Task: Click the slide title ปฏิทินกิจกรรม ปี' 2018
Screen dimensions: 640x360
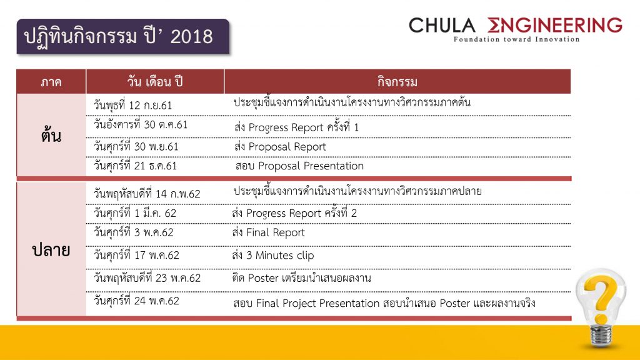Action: pyautogui.click(x=118, y=36)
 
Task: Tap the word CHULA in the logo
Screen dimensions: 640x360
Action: pyautogui.click(x=442, y=25)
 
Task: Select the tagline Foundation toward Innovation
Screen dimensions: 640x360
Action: pyautogui.click(x=516, y=39)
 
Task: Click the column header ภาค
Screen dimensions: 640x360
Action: pyautogui.click(x=51, y=82)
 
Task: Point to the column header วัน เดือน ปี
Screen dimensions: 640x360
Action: pyautogui.click(x=155, y=82)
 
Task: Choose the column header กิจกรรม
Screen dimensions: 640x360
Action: pyautogui.click(x=397, y=82)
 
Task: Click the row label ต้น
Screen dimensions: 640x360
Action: pyautogui.click(x=51, y=135)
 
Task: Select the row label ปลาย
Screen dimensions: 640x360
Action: pyautogui.click(x=51, y=250)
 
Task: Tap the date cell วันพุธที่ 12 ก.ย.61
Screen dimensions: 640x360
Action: pyautogui.click(x=132, y=105)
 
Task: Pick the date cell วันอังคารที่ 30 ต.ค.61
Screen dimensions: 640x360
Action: pyautogui.click(x=141, y=124)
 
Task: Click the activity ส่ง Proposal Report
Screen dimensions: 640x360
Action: pyautogui.click(x=280, y=146)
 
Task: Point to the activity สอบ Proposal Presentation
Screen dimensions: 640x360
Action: pyautogui.click(x=299, y=166)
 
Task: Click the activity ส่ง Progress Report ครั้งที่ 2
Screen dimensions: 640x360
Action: pyautogui.click(x=294, y=212)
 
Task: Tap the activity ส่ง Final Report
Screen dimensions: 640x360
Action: pyautogui.click(x=268, y=232)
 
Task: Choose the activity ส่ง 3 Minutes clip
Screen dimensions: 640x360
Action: pyautogui.click(x=272, y=256)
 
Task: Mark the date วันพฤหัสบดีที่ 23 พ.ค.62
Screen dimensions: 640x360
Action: pyautogui.click(x=147, y=278)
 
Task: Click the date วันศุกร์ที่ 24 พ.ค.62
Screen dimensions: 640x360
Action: pyautogui.click(x=136, y=301)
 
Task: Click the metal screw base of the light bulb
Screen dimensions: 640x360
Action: pyautogui.click(x=601, y=336)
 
